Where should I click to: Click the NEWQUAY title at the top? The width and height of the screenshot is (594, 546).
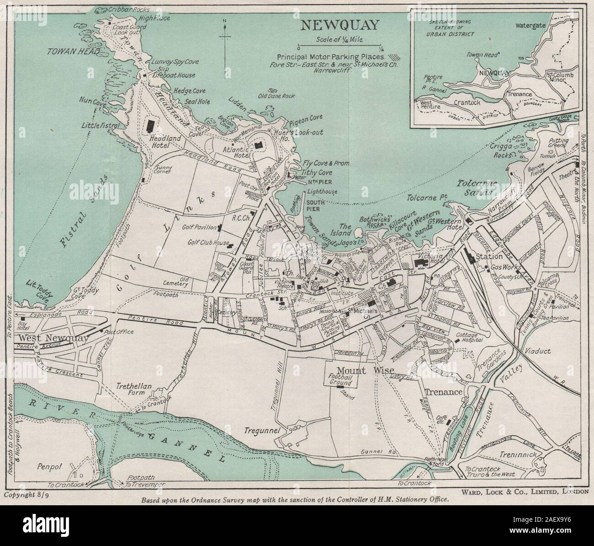click(339, 25)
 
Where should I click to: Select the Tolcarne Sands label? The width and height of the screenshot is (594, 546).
click(475, 188)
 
